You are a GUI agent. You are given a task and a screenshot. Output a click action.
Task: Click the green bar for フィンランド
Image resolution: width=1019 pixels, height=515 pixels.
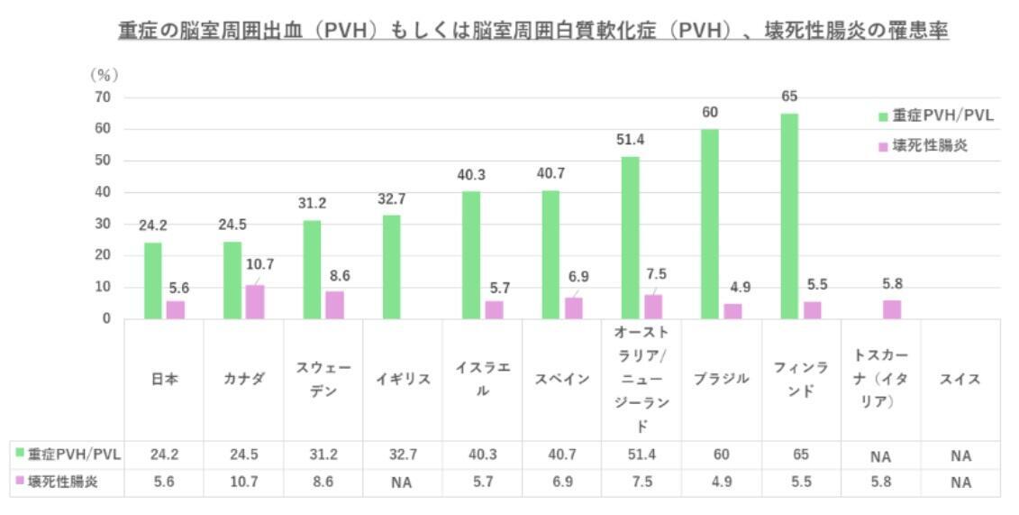click(x=789, y=216)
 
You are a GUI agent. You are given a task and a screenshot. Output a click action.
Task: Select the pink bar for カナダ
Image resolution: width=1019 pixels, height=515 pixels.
click(x=255, y=301)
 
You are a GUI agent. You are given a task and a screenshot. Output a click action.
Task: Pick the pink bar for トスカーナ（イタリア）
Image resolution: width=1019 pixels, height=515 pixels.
click(x=891, y=309)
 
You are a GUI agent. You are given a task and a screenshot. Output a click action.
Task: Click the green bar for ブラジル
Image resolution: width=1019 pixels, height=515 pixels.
click(x=710, y=224)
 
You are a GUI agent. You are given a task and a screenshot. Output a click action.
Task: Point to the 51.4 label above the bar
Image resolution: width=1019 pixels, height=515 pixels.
click(x=630, y=140)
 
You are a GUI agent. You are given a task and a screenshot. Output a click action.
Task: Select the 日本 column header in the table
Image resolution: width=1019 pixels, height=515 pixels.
click(x=164, y=380)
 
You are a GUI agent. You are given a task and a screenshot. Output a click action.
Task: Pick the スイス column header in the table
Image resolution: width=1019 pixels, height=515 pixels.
click(x=960, y=380)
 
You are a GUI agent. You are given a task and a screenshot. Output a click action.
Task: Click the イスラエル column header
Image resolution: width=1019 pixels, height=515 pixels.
click(x=482, y=380)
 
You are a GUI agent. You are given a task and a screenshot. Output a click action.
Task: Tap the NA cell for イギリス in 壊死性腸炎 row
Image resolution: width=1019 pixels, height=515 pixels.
click(x=402, y=483)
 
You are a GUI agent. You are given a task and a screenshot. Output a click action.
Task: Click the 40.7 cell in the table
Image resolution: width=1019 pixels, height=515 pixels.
click(x=561, y=455)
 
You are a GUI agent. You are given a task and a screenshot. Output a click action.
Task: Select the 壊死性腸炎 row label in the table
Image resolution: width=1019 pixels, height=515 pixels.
click(x=67, y=483)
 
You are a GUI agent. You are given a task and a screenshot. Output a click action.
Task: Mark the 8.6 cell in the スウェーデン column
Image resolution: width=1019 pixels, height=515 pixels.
click(x=323, y=483)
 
